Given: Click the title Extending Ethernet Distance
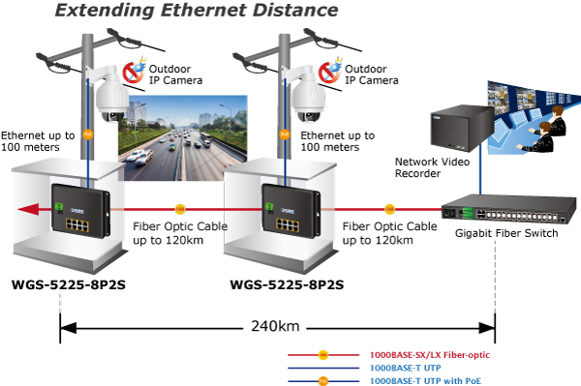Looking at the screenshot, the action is point(197,10).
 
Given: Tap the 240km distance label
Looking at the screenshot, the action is point(275,326).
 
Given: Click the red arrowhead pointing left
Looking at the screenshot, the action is point(28,210).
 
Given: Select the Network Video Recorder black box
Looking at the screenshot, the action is point(462,128).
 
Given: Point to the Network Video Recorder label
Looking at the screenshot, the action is point(432,167).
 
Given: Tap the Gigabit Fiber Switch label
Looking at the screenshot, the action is point(506,233).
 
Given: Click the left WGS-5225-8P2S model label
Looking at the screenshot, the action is point(69,284).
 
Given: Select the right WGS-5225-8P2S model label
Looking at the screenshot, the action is point(287,284).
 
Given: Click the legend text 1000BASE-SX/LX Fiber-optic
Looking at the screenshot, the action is point(430,355).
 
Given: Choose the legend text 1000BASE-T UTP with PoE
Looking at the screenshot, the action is point(425,381).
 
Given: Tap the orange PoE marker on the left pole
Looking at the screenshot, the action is point(88,134).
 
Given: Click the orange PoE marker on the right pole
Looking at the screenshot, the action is point(284,134).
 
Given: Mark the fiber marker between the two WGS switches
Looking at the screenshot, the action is point(180,209).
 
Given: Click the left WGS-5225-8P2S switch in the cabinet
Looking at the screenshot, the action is point(80,210).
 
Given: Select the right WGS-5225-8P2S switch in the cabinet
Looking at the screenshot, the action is point(290,210).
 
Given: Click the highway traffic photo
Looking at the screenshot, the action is point(183,137).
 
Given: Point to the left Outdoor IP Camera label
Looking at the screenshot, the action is point(175,74).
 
